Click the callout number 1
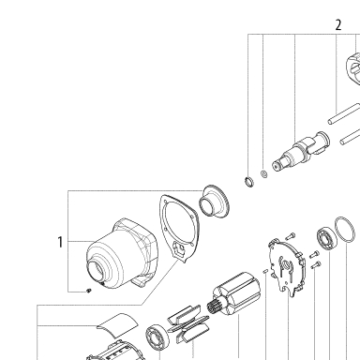tap(60, 242)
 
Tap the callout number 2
tap(338, 25)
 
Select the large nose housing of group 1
tap(121, 253)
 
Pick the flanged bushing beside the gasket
tap(215, 202)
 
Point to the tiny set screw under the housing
tap(89, 291)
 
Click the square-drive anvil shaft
tap(301, 151)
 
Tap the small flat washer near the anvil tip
tap(264, 173)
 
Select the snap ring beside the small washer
tap(249, 181)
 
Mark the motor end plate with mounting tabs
tap(286, 267)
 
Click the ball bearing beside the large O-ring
tap(327, 240)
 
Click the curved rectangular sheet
tap(117, 325)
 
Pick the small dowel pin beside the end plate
tap(265, 271)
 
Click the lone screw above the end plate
tap(291, 236)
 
